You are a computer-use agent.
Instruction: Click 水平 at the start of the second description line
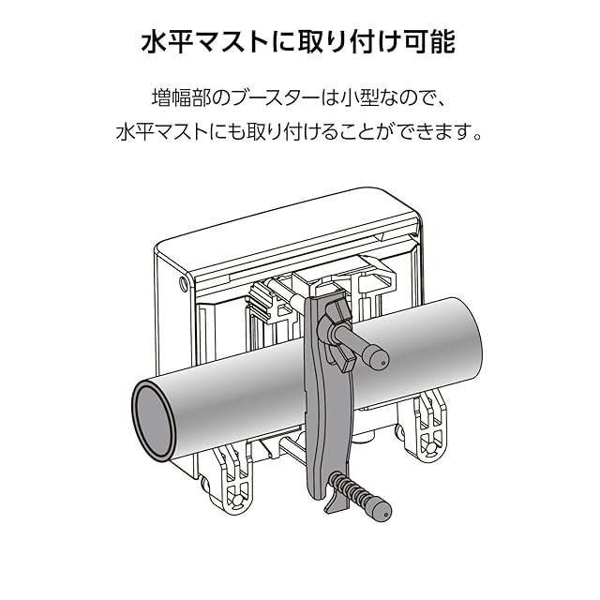131,131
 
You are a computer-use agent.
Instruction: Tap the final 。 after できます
476,133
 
